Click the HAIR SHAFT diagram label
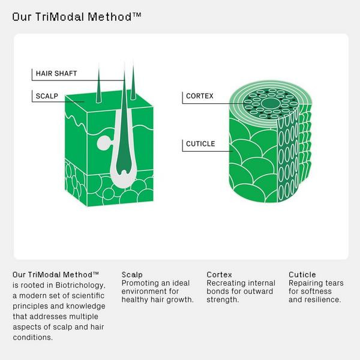coord(56,73)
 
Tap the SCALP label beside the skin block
coord(47,96)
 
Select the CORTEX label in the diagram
coord(200,96)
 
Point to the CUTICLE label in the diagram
coord(200,144)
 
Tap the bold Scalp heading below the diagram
coord(132,275)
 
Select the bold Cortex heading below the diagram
coord(219,275)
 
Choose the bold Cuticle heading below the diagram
coord(302,275)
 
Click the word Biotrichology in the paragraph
coord(80,285)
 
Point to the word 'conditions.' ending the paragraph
coord(33,337)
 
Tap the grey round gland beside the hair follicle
coord(104,143)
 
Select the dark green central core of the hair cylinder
coord(271,103)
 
